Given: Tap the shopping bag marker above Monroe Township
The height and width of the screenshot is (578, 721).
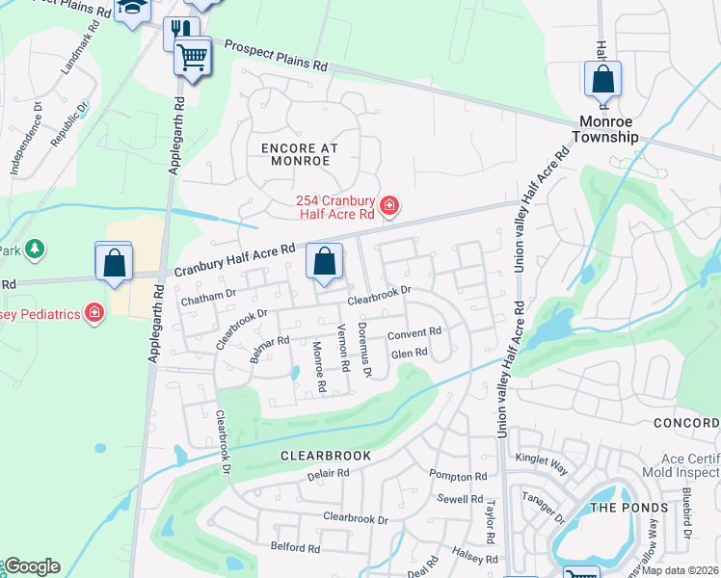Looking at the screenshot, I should pyautogui.click(x=602, y=80).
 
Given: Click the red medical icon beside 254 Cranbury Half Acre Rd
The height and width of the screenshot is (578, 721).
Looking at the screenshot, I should pyautogui.click(x=389, y=205).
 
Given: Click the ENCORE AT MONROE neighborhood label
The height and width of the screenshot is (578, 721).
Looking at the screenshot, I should pyautogui.click(x=295, y=154).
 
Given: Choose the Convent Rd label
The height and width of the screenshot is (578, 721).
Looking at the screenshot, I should pyautogui.click(x=414, y=333).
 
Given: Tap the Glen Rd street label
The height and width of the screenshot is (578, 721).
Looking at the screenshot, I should pyautogui.click(x=409, y=354).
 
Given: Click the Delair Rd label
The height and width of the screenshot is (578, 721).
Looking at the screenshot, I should pyautogui.click(x=328, y=474).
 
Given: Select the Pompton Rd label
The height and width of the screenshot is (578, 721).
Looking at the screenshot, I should pyautogui.click(x=458, y=477).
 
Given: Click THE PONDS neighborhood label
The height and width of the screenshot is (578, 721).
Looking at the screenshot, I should pyautogui.click(x=628, y=508).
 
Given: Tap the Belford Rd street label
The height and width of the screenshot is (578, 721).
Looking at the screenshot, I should pyautogui.click(x=295, y=548).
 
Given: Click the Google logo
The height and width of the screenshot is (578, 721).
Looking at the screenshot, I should pyautogui.click(x=32, y=566).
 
